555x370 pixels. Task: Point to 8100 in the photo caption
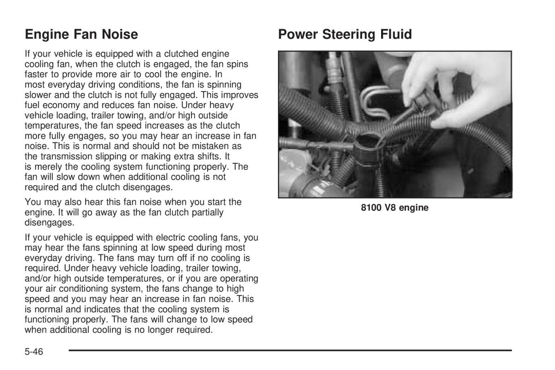(x=371, y=208)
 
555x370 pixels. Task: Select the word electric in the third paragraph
(x=159, y=238)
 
